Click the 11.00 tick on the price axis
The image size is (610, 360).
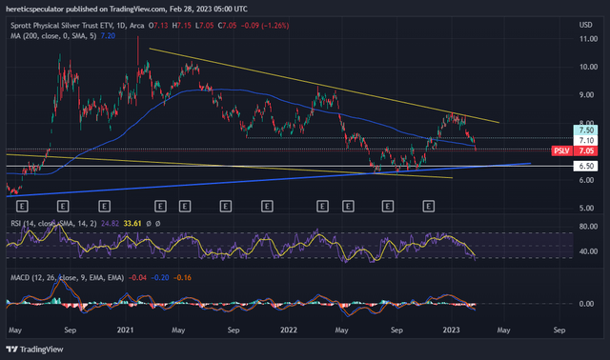[x=586, y=39]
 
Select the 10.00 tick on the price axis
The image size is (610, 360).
[x=586, y=67]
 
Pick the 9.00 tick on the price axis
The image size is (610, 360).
[x=586, y=95]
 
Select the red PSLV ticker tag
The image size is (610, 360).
[x=561, y=150]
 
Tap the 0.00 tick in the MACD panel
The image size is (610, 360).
[x=586, y=304]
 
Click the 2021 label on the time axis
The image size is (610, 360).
[x=125, y=329]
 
